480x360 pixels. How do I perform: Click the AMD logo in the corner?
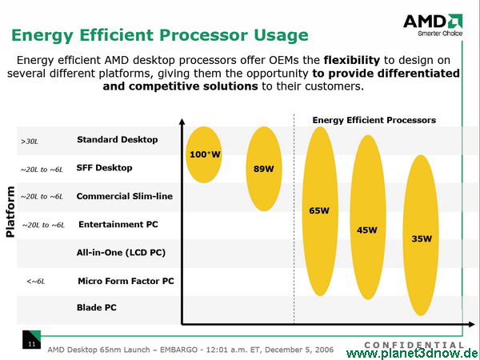pyautogui.click(x=433, y=25)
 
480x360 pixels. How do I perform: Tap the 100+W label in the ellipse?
pyautogui.click(x=205, y=154)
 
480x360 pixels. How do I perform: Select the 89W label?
pyautogui.click(x=263, y=169)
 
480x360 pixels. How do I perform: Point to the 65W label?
pyautogui.click(x=319, y=210)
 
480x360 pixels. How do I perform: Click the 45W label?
pyautogui.click(x=366, y=230)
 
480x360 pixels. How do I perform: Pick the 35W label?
pyautogui.click(x=422, y=238)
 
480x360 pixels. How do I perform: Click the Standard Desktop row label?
pyautogui.click(x=118, y=140)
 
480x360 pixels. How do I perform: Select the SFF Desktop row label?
pyautogui.click(x=104, y=168)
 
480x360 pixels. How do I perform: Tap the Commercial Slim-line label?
pyautogui.click(x=125, y=196)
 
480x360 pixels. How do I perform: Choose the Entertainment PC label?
pyautogui.click(x=118, y=224)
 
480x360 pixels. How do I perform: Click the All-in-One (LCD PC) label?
pyautogui.click(x=121, y=253)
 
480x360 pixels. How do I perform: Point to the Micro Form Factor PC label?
pyautogui.click(x=126, y=281)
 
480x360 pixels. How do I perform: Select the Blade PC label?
pyautogui.click(x=97, y=307)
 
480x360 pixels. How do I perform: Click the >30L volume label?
pyautogui.click(x=30, y=142)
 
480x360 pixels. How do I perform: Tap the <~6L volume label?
pyautogui.click(x=36, y=282)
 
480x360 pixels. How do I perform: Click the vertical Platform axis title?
pyautogui.click(x=10, y=211)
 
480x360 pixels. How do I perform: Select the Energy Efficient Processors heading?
pyautogui.click(x=374, y=120)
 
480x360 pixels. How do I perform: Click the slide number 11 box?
pyautogui.click(x=31, y=339)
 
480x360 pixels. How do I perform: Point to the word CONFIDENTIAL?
pyautogui.click(x=414, y=346)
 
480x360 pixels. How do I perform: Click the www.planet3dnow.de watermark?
pyautogui.click(x=413, y=354)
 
